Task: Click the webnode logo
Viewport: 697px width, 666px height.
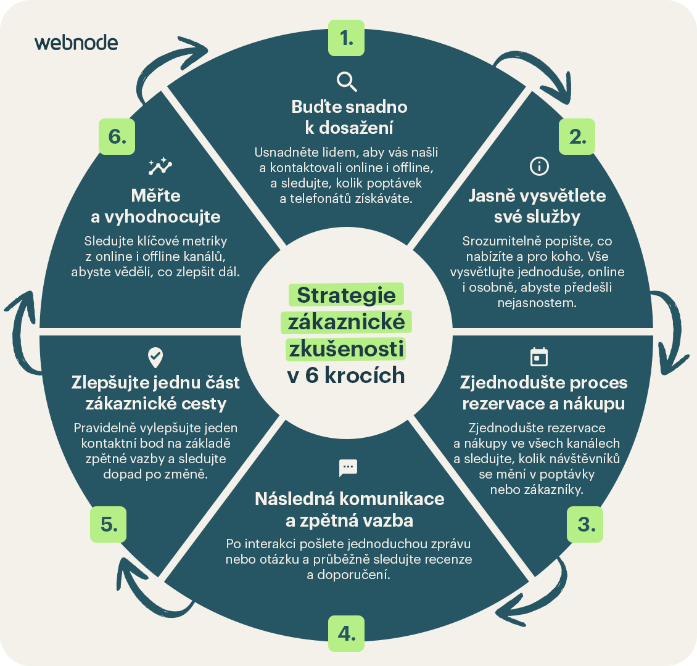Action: [76, 43]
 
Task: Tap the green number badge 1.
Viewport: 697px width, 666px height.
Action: [346, 38]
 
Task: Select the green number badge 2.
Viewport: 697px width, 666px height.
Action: [577, 136]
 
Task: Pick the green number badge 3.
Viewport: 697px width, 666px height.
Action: [585, 524]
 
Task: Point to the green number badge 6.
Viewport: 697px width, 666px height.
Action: [117, 136]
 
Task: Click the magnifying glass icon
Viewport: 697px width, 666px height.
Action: [347, 82]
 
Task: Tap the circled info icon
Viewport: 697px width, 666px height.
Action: [539, 166]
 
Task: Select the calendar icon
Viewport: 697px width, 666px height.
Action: [539, 357]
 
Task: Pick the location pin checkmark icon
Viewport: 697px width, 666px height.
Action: [155, 358]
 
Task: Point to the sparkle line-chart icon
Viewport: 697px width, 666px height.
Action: [160, 166]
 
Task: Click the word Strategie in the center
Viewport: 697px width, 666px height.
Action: [346, 295]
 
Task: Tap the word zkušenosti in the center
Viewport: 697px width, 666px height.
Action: [346, 349]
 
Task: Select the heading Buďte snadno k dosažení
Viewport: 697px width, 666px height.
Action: [349, 117]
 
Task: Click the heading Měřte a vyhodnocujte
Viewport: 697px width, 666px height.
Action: [155, 206]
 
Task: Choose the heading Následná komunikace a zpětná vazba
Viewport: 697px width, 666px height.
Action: [349, 509]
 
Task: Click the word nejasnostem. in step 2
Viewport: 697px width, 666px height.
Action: [537, 303]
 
